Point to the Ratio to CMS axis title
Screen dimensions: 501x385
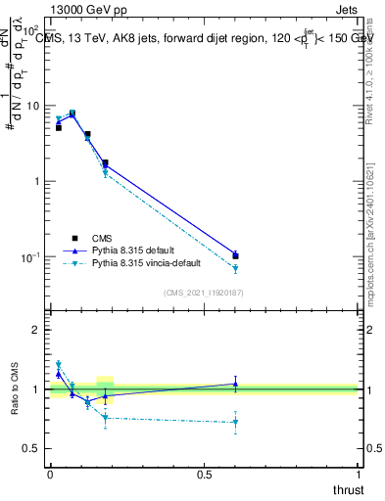14,388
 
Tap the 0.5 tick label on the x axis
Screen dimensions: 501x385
204,475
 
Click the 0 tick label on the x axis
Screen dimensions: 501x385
50,475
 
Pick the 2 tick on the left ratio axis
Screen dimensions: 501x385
37,330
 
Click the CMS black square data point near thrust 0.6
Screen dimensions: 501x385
235,256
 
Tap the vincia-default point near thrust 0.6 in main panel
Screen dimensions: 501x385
235,268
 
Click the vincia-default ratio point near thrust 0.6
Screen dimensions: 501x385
235,423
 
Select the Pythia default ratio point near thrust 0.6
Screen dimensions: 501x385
235,384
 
